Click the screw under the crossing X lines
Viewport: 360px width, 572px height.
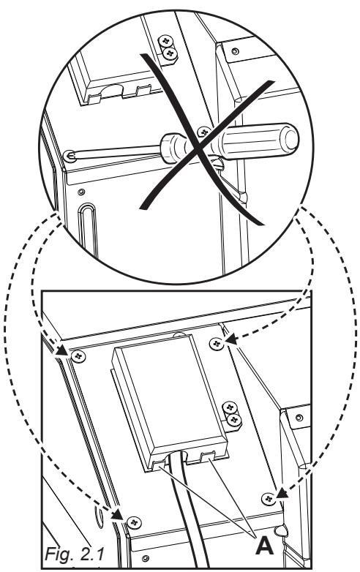pos(205,132)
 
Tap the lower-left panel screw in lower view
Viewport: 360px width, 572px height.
pos(132,522)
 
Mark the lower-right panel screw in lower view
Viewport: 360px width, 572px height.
pos(269,497)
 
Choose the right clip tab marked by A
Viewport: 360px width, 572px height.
pos(205,459)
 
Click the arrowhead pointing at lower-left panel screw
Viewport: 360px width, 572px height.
pos(121,518)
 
